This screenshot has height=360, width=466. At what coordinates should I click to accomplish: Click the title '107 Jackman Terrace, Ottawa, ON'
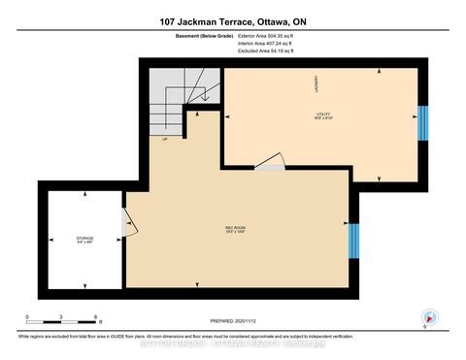232,21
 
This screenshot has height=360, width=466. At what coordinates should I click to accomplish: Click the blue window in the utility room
421,123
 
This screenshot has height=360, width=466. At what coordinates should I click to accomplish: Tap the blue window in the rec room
352,242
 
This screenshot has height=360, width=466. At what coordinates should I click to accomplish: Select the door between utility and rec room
271,163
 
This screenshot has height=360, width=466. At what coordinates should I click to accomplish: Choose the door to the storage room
124,224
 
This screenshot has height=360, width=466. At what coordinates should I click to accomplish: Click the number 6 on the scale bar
96,317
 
